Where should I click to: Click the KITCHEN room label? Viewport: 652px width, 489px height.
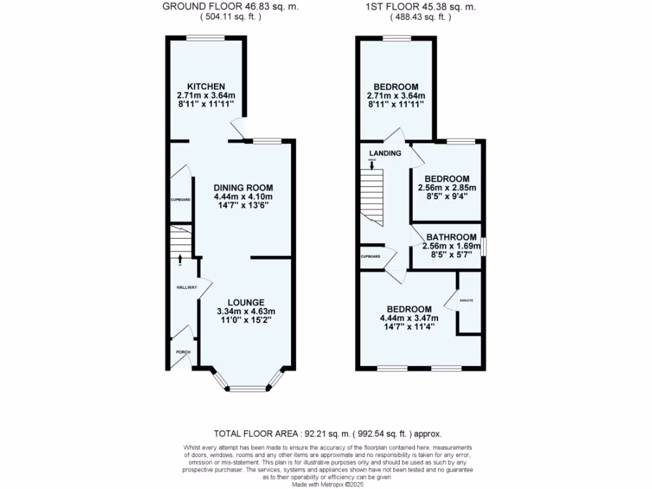pos(206,87)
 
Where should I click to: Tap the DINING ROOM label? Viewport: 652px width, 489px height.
pos(243,187)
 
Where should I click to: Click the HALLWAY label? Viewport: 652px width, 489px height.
pos(186,288)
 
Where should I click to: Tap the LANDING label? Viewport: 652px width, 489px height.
pos(385,153)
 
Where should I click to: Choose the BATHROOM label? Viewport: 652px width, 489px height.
pos(451,237)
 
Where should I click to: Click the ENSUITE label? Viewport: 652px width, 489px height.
pos(466,299)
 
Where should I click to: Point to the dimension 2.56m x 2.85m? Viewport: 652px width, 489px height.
pos(447,188)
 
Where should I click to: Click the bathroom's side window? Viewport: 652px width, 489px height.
pos(483,246)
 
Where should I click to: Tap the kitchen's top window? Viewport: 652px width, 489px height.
pos(205,38)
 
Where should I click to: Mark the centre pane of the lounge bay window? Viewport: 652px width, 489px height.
pos(247,388)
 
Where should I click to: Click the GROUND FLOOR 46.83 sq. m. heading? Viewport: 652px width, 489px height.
pos(230,7)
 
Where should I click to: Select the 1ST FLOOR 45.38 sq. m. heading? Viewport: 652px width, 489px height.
pos(420,7)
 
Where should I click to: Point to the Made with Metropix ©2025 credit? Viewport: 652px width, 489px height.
pos(326,484)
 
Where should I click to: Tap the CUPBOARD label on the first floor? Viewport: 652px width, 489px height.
pos(371,256)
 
